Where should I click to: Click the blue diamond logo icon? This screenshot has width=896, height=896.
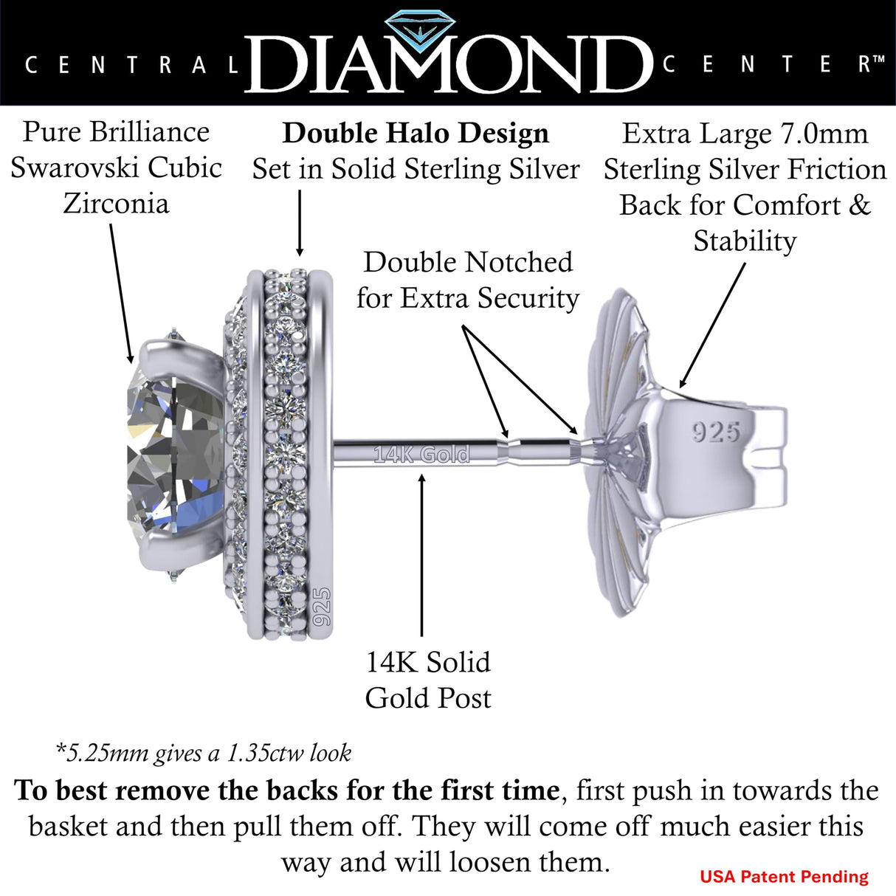[421, 29]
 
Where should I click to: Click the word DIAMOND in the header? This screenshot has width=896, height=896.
[449, 64]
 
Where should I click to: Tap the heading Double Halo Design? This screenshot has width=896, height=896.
[416, 133]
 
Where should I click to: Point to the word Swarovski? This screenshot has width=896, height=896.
[78, 168]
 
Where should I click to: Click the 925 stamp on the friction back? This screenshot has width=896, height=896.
[716, 432]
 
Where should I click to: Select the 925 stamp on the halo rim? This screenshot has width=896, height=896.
[323, 607]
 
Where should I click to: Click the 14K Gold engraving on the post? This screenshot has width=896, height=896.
[421, 455]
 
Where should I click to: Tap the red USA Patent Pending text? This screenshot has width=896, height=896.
[784, 877]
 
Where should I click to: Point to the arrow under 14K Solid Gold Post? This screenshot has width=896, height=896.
[421, 554]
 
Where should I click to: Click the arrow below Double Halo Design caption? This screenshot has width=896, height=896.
[300, 223]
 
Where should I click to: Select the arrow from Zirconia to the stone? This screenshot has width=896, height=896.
[121, 294]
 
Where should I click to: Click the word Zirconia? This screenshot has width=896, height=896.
[116, 204]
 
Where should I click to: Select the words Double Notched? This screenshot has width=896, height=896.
[468, 263]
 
